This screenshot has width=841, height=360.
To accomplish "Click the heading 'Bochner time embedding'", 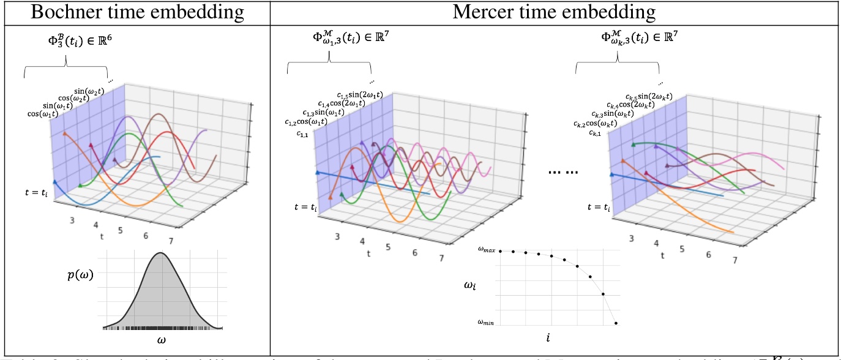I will click(x=135, y=12).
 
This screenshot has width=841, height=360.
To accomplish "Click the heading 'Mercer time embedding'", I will click(x=555, y=12).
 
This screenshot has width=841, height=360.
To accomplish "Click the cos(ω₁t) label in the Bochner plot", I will click(x=42, y=113).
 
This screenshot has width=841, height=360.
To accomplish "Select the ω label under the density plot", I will click(x=162, y=339).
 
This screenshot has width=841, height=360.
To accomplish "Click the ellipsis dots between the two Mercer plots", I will click(x=563, y=173).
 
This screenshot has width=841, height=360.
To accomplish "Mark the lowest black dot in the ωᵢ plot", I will click(x=616, y=323).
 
